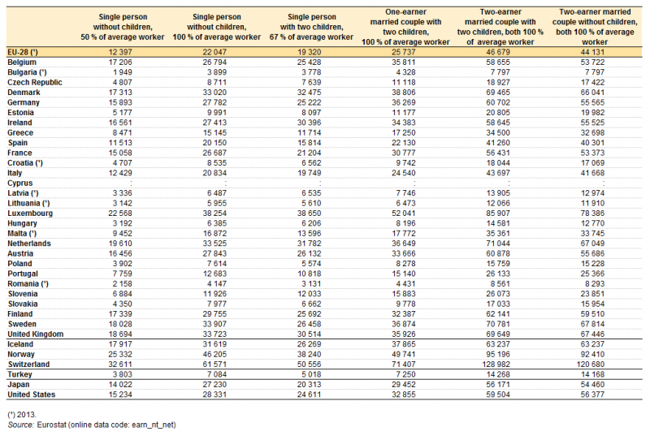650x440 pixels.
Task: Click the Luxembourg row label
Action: pos(30,214)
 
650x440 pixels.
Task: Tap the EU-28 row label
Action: pos(23,52)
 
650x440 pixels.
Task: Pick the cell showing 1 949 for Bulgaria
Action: pos(123,72)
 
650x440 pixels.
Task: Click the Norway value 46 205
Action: pos(214,354)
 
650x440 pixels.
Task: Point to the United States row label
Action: pos(32,395)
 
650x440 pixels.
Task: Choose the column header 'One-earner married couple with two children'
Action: pos(405,27)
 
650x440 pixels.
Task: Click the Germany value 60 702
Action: pos(498,103)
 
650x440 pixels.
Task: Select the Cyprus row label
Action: pos(19,183)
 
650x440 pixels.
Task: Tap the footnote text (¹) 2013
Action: pos(22,415)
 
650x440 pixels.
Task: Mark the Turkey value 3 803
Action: pos(123,374)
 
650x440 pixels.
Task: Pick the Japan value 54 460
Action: pos(592,385)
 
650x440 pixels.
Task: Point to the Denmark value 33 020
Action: pos(214,93)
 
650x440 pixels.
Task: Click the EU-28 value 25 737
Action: pos(403,52)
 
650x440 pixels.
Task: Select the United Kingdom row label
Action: pos(36,334)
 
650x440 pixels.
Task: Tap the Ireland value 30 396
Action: pos(309,123)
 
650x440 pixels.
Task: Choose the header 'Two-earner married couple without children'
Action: pos(595,27)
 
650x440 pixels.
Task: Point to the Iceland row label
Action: pos(20,344)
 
